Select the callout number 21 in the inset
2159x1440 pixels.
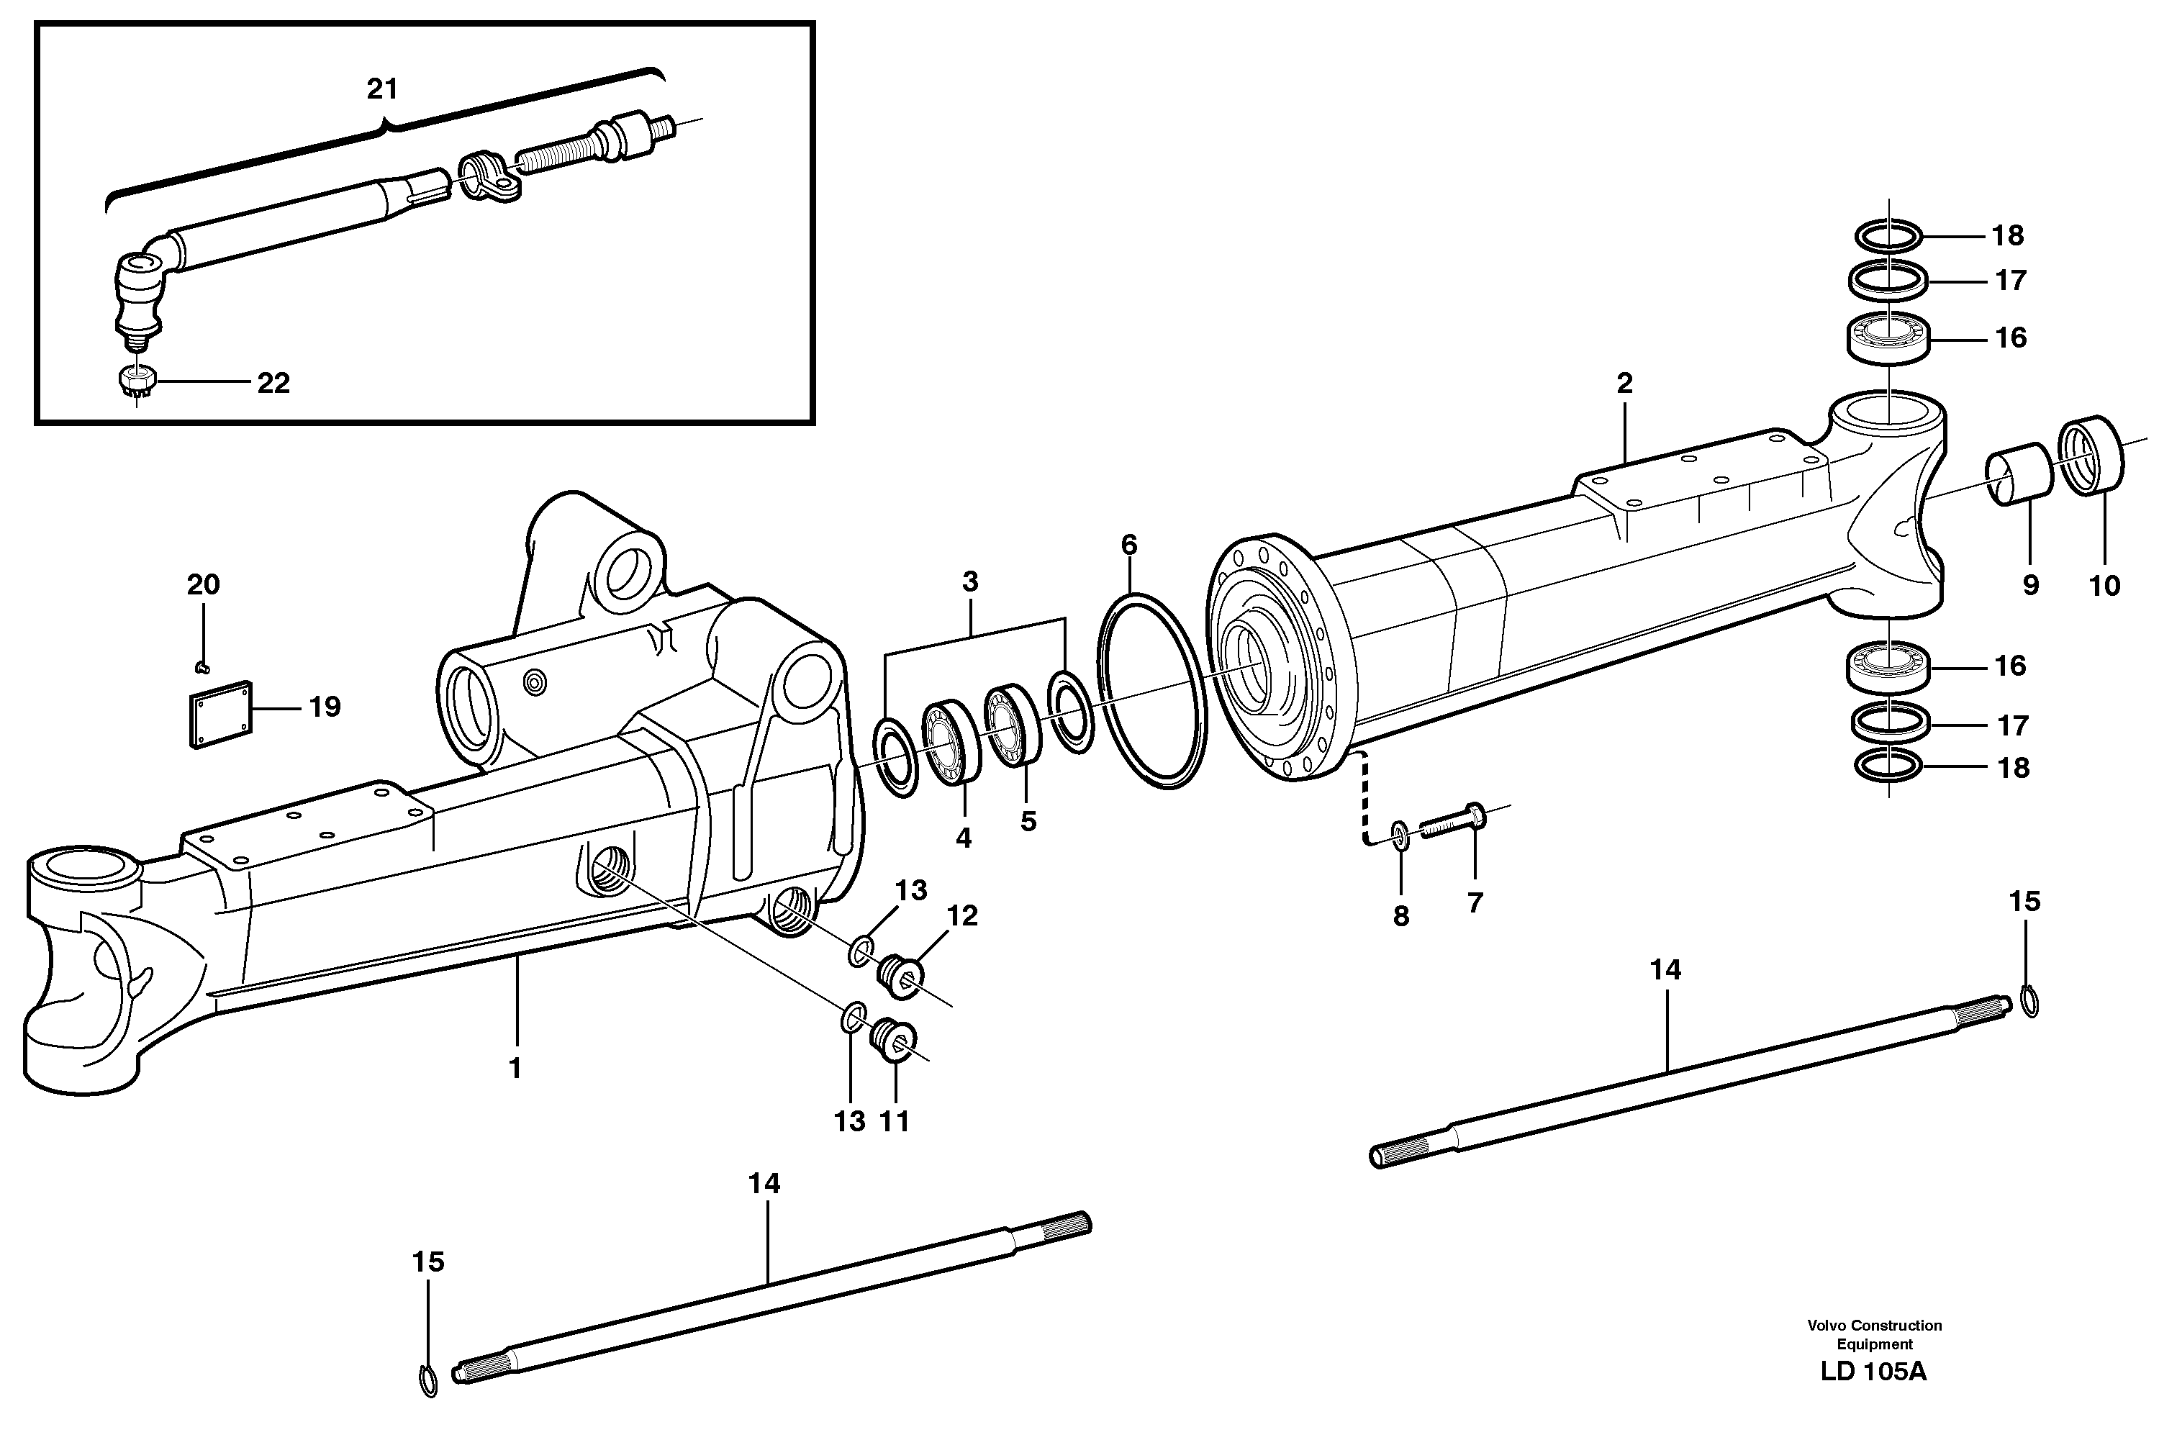(x=382, y=89)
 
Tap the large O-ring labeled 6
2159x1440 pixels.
(x=1151, y=691)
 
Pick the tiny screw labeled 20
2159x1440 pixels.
(x=203, y=666)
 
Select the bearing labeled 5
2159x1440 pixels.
(x=1013, y=724)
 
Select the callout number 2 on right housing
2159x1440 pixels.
(x=1624, y=384)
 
